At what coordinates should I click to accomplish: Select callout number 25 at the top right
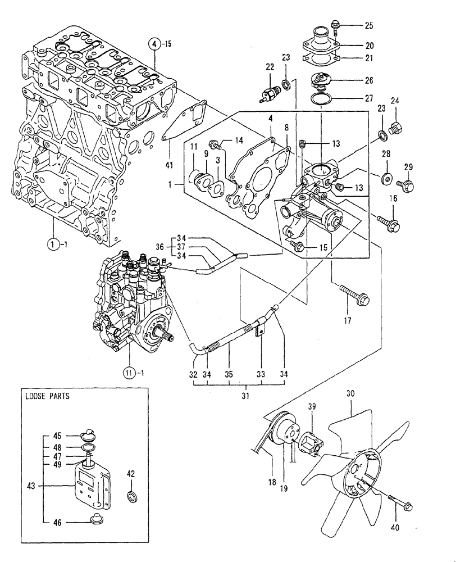pos(368,25)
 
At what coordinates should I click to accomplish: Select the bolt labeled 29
pos(404,184)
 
